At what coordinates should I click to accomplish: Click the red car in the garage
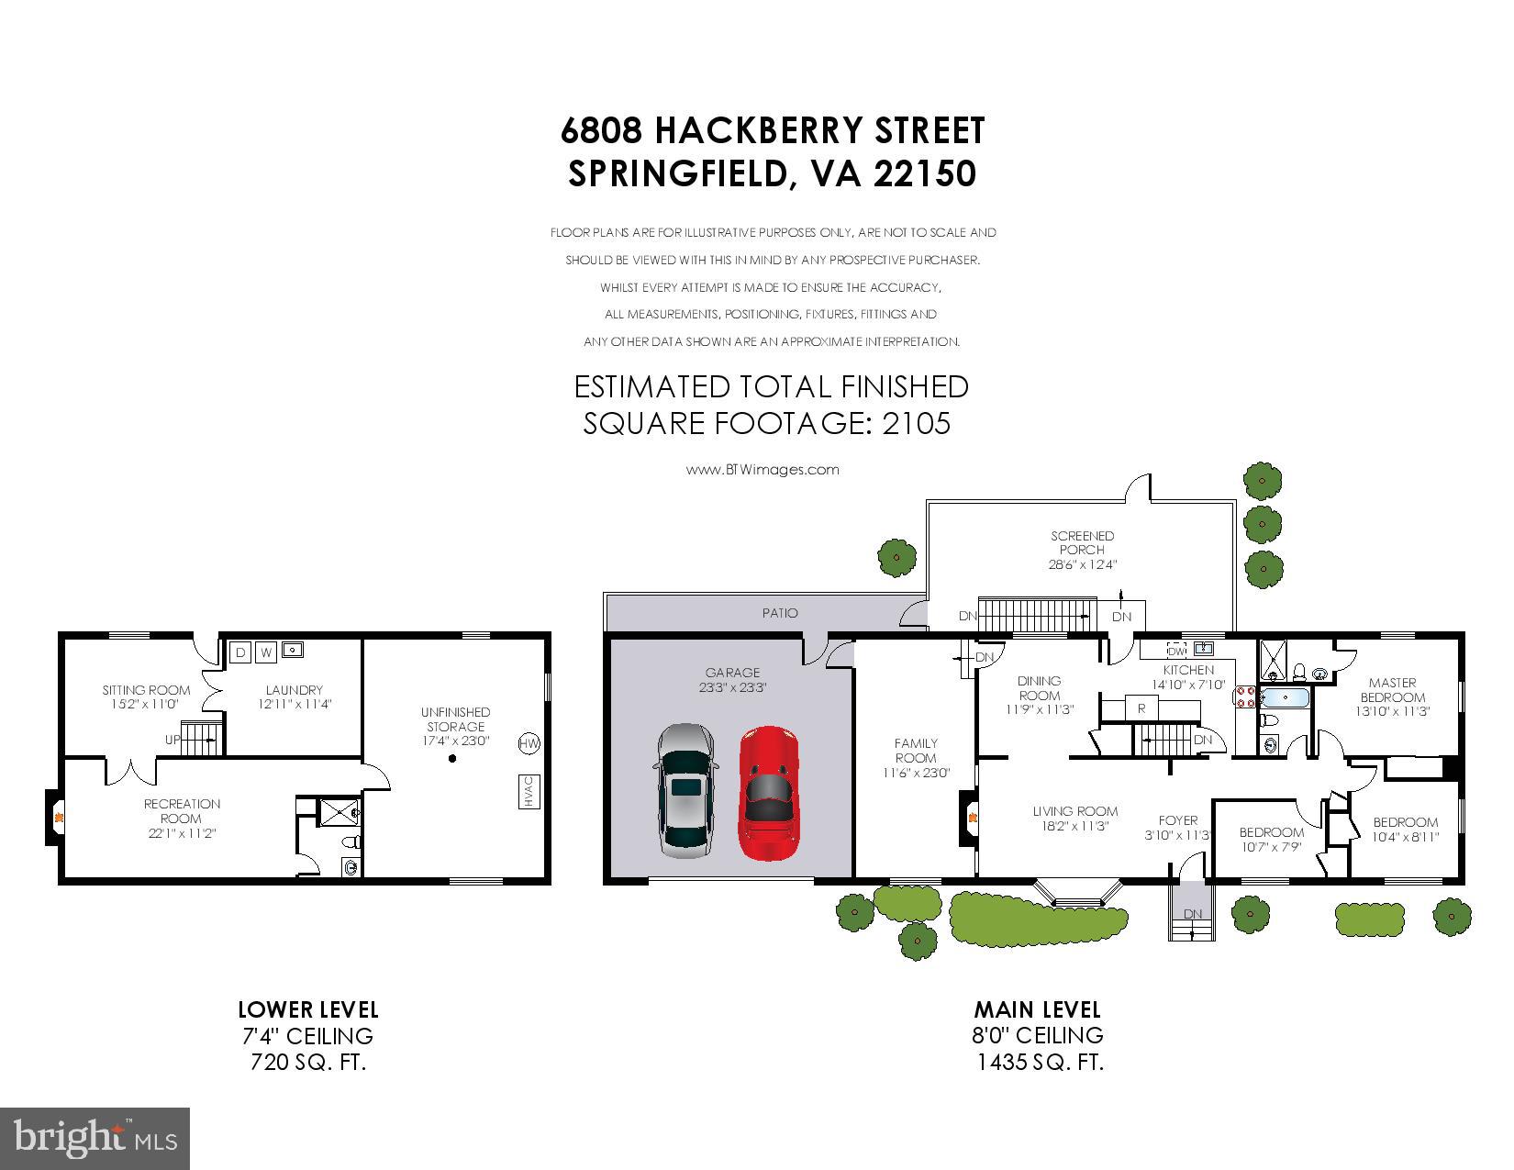coord(769,793)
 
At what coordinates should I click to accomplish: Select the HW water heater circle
coord(529,743)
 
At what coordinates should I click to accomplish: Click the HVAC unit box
coord(529,791)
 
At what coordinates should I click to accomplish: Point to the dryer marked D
coord(241,652)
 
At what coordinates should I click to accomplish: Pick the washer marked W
coord(266,652)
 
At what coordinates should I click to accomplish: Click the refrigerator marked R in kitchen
coord(1141,708)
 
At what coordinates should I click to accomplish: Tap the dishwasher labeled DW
coord(1176,651)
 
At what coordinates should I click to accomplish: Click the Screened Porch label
coord(1082,550)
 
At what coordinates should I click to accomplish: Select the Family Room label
coord(916,757)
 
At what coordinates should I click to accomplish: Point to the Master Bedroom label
coord(1392,696)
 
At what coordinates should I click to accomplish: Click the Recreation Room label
coord(182,819)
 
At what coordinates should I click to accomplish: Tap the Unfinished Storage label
coord(456,726)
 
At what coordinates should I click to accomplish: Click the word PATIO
coord(780,613)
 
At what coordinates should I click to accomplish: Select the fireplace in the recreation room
coord(54,817)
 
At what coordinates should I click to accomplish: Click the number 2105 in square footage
coord(916,423)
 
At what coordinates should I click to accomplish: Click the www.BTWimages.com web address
coord(763,470)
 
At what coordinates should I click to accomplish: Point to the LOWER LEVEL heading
coord(308,1009)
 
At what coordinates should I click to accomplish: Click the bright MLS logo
coord(95,1138)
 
